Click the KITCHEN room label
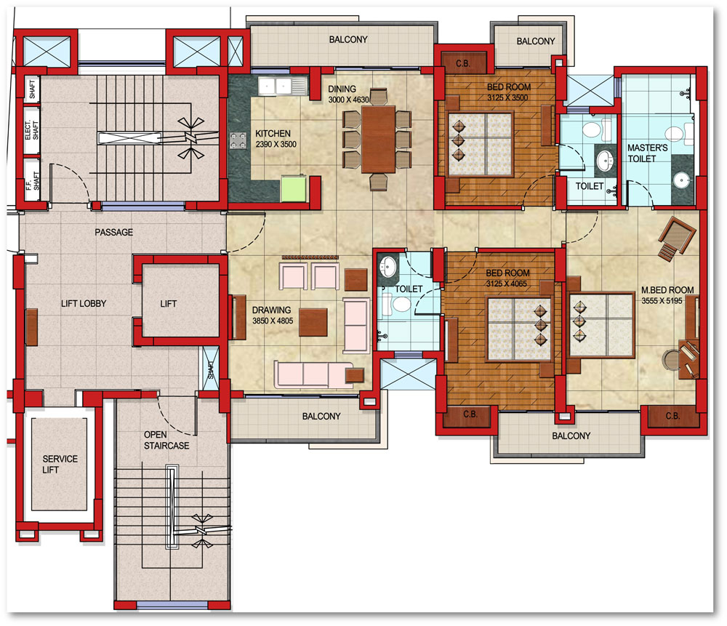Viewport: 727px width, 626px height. [273, 134]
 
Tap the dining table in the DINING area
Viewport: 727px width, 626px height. [378, 140]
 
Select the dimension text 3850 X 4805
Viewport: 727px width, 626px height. [273, 321]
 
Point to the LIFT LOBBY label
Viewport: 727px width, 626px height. [84, 304]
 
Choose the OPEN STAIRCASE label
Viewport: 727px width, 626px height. [166, 440]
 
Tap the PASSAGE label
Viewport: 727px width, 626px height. [113, 233]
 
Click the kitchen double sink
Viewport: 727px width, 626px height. [282, 87]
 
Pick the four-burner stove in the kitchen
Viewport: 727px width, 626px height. [238, 140]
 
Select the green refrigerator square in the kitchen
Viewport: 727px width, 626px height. [294, 188]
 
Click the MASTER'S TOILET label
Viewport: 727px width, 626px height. [647, 153]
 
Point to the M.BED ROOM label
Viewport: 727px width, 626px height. [667, 290]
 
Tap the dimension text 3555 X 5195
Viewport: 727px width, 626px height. [662, 301]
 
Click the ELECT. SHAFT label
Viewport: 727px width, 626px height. [31, 130]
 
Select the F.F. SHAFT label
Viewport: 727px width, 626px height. [32, 181]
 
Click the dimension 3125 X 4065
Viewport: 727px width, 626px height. [506, 284]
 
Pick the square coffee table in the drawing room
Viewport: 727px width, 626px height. [313, 322]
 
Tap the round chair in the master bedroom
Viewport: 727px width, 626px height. [670, 359]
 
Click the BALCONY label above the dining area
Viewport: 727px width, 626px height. [348, 40]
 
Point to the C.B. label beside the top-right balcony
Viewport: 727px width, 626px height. [462, 63]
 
